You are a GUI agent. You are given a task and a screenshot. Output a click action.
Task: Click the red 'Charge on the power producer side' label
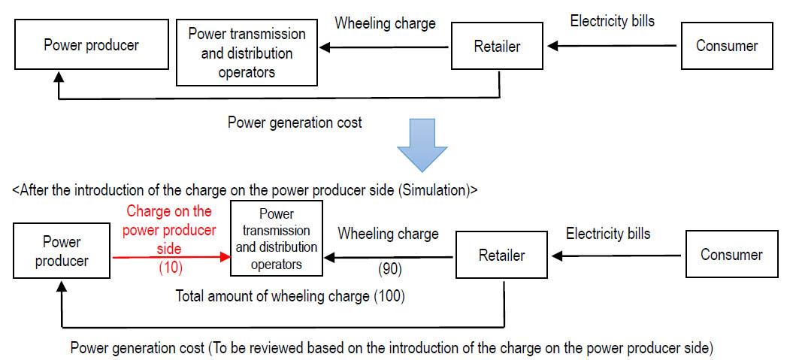(170, 229)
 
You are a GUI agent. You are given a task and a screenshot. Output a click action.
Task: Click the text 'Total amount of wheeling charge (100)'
(290, 296)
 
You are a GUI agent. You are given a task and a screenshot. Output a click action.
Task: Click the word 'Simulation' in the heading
(434, 190)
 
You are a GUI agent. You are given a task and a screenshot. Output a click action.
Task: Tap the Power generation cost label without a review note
(295, 122)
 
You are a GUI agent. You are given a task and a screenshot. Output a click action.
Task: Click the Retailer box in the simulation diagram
(501, 256)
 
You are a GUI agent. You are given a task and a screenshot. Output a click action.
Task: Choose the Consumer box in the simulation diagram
(731, 255)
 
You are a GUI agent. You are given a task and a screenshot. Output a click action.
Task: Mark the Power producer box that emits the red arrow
(62, 252)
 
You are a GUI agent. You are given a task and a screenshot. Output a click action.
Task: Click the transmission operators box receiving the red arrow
(277, 239)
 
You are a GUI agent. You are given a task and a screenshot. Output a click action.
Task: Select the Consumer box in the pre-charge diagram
(727, 46)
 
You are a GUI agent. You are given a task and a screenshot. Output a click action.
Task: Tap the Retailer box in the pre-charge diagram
(498, 47)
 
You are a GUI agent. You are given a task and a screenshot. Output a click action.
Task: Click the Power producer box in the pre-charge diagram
(91, 45)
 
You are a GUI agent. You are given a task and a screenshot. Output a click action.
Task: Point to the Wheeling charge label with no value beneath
(385, 23)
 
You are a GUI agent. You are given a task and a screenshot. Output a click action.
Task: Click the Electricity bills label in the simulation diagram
(608, 234)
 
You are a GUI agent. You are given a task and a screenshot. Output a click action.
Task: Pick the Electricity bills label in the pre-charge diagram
(612, 21)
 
